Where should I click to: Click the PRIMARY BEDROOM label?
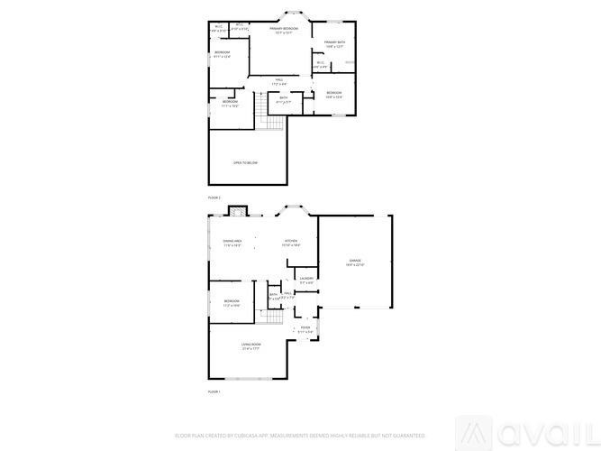click(283, 30)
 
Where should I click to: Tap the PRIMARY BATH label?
click(335, 43)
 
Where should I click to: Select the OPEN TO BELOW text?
click(246, 162)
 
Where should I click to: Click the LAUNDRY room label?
click(306, 279)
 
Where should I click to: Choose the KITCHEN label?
click(291, 241)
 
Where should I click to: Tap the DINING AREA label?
click(232, 241)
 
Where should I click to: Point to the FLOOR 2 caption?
click(214, 197)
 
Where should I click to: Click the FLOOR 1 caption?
click(214, 392)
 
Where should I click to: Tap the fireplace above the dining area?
click(236, 212)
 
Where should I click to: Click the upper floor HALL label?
click(280, 80)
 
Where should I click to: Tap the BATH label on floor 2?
click(283, 98)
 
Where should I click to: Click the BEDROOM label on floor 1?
click(232, 301)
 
